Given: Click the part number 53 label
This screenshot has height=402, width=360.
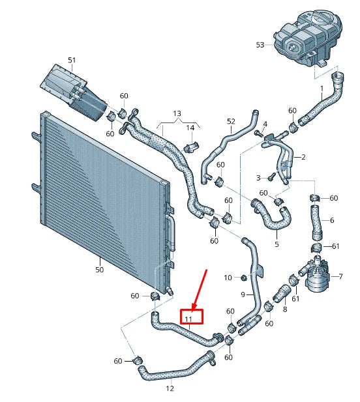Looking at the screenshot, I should (x=260, y=45).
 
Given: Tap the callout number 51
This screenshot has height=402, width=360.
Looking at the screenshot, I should (x=72, y=61).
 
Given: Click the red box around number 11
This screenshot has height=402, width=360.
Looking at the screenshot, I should (x=191, y=317).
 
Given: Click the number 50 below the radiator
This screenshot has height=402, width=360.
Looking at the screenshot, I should (x=99, y=269).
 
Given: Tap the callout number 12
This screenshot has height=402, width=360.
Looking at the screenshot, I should (x=170, y=389).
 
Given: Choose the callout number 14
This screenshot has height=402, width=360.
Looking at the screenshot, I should (x=191, y=127).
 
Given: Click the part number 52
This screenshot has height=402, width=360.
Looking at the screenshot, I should (x=230, y=121).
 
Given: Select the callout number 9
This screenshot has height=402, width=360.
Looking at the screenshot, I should (x=243, y=294).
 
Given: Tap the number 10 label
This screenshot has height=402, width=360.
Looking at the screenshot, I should (x=228, y=278).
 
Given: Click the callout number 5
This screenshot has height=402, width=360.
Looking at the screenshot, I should (x=276, y=244).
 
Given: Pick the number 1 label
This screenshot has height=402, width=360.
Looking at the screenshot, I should (x=321, y=87).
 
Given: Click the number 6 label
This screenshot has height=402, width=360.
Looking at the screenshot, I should (x=332, y=220).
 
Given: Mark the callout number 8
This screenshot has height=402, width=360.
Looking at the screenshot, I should (x=284, y=309).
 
